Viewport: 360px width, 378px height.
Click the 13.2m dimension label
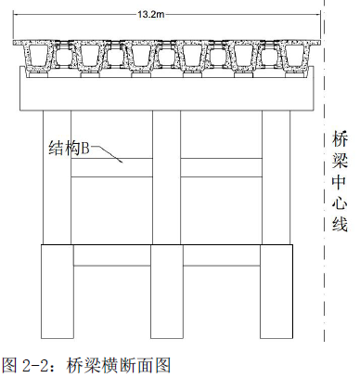point(151,14)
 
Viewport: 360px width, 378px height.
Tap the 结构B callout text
point(70,149)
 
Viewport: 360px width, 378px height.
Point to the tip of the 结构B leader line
point(122,163)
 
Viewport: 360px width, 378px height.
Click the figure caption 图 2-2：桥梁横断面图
point(86,366)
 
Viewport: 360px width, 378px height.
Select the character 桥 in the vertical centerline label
point(340,139)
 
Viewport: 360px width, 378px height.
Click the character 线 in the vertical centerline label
point(340,224)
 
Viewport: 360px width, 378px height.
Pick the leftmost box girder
point(38,55)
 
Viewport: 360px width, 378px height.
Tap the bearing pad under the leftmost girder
point(38,74)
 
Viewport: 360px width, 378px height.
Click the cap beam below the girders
point(167,88)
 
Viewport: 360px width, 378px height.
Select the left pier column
point(57,177)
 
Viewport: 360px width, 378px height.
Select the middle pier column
point(166,177)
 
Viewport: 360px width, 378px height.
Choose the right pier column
point(276,177)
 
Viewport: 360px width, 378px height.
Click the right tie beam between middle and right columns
point(222,168)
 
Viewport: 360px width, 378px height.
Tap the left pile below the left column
point(58,292)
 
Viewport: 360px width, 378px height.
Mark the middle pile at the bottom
point(167,292)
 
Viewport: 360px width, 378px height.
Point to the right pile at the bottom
point(276,292)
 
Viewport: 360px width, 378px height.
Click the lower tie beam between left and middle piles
point(112,255)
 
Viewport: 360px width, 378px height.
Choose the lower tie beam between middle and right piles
point(222,255)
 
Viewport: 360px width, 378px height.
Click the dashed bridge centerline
point(324,170)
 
